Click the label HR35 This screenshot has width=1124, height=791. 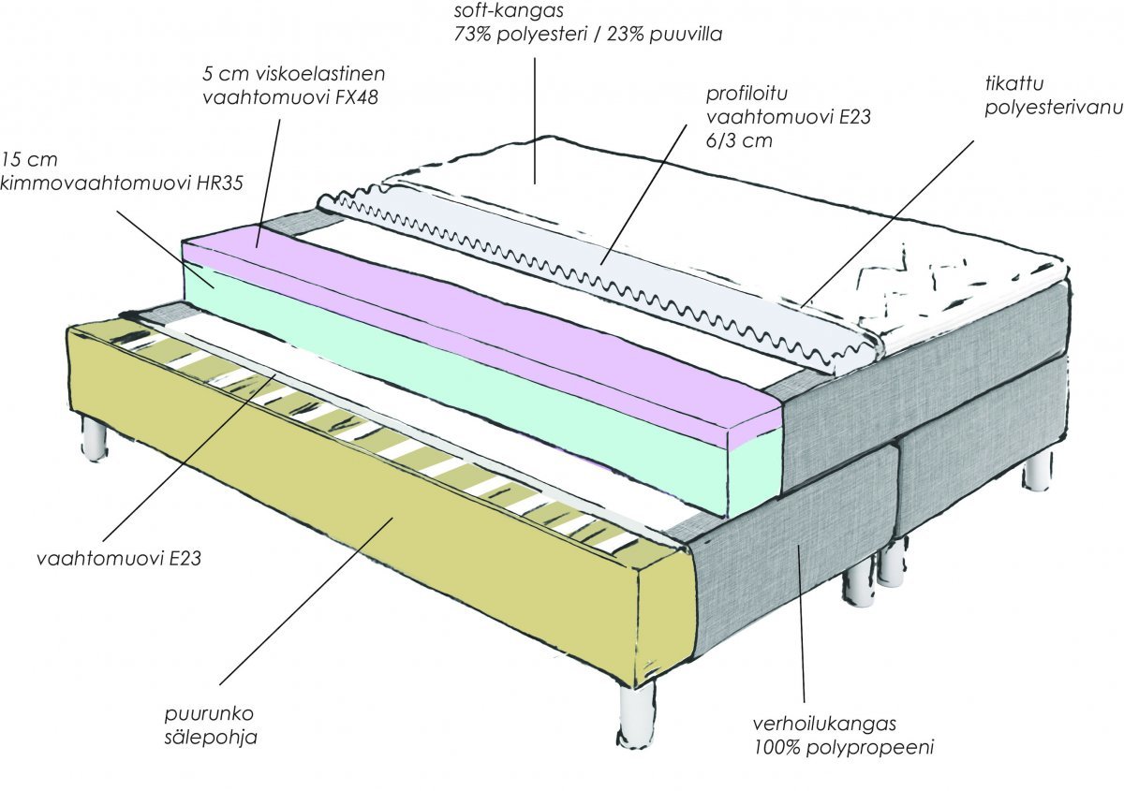[x=219, y=182]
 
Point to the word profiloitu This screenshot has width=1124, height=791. [x=742, y=95]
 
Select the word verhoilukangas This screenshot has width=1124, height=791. [x=825, y=724]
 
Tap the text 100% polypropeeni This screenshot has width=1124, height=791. [x=844, y=747]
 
